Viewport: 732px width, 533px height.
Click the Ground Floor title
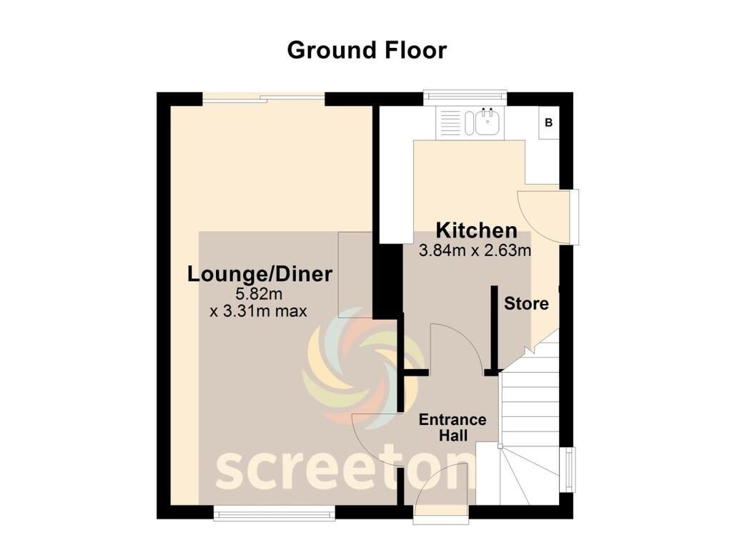[x=367, y=51]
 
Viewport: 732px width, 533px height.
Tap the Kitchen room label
[x=477, y=231]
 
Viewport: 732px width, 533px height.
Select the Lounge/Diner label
[x=259, y=274]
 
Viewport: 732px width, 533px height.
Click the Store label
[x=526, y=303]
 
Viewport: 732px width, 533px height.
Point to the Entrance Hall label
[x=452, y=427]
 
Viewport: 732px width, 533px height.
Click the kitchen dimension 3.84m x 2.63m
[x=475, y=251]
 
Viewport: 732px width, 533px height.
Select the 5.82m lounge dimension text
[x=259, y=294]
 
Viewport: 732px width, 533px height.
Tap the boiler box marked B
[x=548, y=122]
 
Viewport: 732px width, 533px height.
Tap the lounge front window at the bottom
[x=274, y=513]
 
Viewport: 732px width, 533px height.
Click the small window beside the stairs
[x=570, y=469]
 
